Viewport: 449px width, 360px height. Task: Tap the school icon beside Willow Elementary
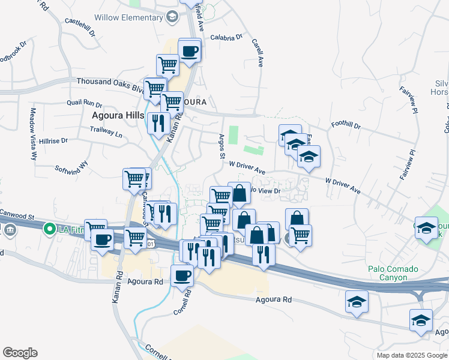tap(172, 17)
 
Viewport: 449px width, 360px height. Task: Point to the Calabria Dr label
tap(226, 37)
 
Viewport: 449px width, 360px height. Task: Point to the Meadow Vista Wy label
tap(33, 134)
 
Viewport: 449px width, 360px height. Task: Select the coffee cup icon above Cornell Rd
tap(182, 275)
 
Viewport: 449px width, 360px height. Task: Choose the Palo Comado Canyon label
tap(393, 273)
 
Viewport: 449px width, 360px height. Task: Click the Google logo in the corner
tap(20, 353)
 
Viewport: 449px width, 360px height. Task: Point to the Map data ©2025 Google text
tap(412, 355)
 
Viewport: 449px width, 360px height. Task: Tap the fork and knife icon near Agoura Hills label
tap(157, 124)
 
